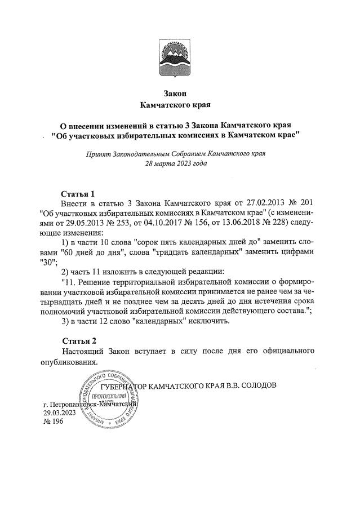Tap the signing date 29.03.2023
pos(60,413)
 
